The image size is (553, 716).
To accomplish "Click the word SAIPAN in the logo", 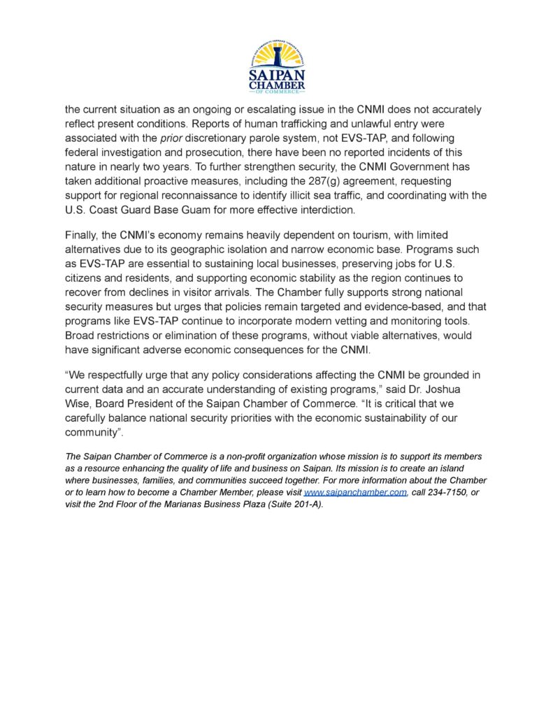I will point(277,75).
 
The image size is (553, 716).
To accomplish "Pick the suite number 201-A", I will point(302,505).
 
